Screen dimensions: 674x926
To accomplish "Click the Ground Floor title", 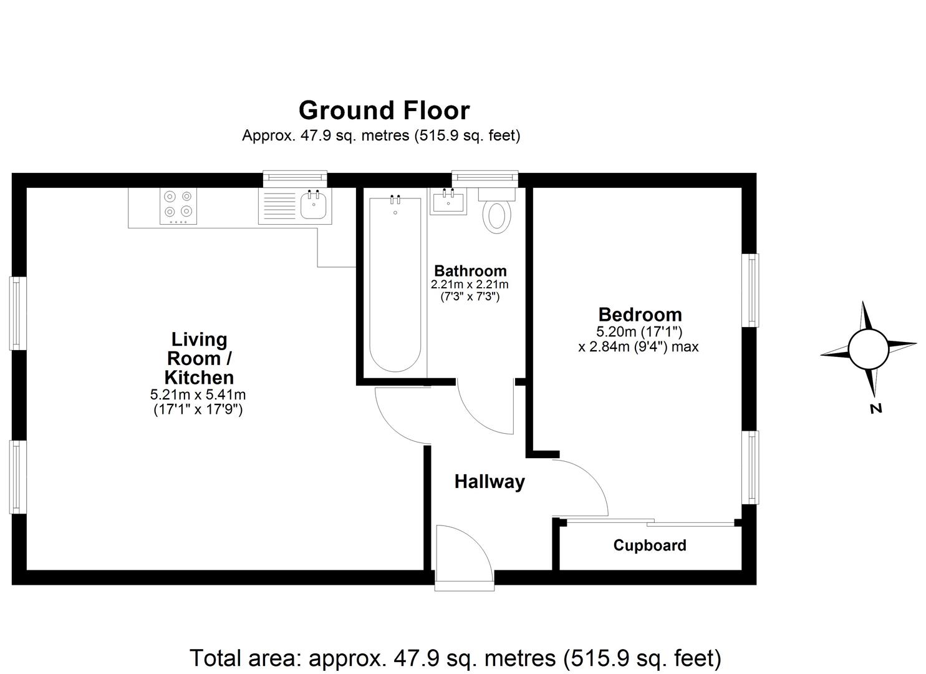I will click(383, 110).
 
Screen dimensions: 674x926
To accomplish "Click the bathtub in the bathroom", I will click(395, 284).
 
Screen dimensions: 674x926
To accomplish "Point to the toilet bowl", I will click(497, 216).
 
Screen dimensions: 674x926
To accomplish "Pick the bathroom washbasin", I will click(448, 202).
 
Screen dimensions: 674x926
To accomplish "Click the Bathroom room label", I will click(470, 271).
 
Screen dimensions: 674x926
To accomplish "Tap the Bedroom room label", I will click(640, 315).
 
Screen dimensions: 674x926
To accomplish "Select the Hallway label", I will click(490, 482).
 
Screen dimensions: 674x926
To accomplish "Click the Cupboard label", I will click(650, 545).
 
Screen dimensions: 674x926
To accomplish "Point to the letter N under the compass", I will click(876, 409).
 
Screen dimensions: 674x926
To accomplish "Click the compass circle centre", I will click(867, 348).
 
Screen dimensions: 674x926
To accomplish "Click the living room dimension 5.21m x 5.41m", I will click(198, 395).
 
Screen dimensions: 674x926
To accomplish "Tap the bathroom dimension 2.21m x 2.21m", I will click(470, 285).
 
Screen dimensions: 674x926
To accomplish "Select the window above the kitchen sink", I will click(295, 179).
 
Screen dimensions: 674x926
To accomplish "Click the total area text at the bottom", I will click(455, 658).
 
